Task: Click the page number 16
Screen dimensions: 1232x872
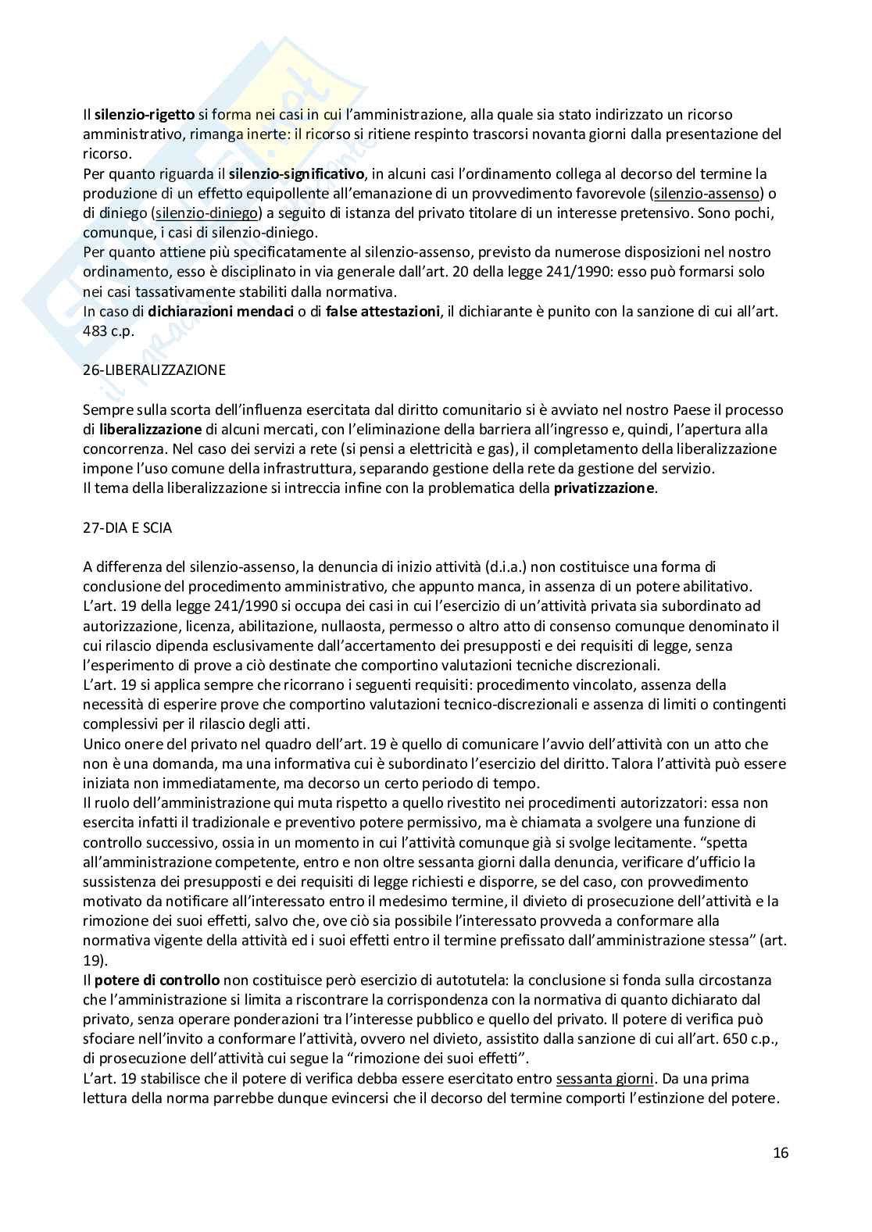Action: [x=781, y=1152]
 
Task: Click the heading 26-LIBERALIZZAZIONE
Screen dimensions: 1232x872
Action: [x=154, y=370]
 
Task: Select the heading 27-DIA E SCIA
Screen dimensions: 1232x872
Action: [x=127, y=527]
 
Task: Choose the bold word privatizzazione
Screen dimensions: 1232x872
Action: [x=604, y=488]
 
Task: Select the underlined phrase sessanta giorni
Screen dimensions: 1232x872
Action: [x=605, y=1078]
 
